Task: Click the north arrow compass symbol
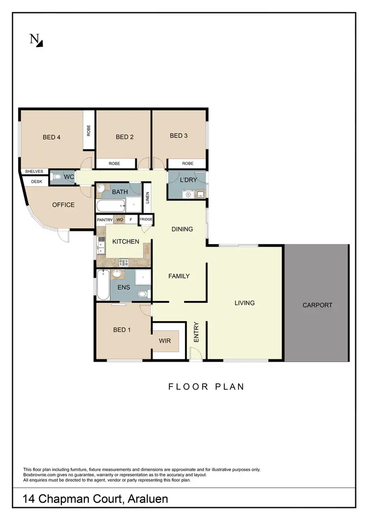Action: (36, 40)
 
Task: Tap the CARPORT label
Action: (317, 305)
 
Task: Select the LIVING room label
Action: (244, 303)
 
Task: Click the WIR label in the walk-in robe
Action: (165, 341)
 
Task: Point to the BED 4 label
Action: (52, 137)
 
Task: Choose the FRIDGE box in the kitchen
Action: (146, 220)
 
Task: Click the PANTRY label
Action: (105, 220)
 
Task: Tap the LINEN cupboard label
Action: (148, 198)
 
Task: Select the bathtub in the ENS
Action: (103, 285)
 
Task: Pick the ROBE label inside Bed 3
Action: (187, 164)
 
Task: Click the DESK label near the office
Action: (36, 181)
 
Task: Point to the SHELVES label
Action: (34, 172)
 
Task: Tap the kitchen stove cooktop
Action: (123, 262)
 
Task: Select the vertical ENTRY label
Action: (196, 332)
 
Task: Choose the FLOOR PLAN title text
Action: (206, 387)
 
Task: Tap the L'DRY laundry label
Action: (188, 180)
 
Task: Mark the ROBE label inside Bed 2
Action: (116, 164)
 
